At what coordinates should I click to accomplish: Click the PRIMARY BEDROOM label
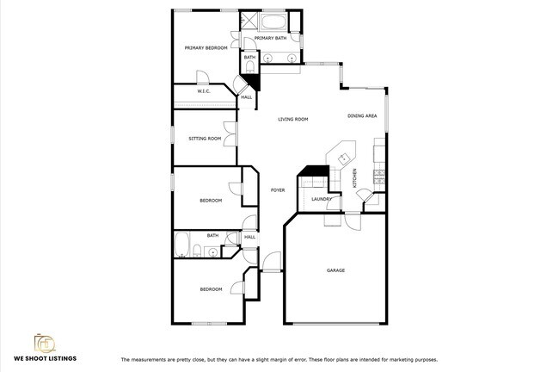(206, 48)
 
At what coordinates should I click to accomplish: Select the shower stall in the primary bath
(247, 22)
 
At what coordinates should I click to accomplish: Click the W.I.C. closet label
(204, 91)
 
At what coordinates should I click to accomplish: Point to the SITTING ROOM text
(205, 139)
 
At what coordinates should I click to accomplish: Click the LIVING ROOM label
(292, 120)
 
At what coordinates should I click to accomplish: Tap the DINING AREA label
(362, 115)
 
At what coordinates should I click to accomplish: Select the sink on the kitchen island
(343, 158)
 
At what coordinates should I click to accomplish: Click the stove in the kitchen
(378, 176)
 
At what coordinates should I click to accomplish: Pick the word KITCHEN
(354, 179)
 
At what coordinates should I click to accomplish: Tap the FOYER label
(277, 190)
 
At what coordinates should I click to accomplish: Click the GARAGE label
(335, 270)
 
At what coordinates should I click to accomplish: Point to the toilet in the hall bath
(197, 251)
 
